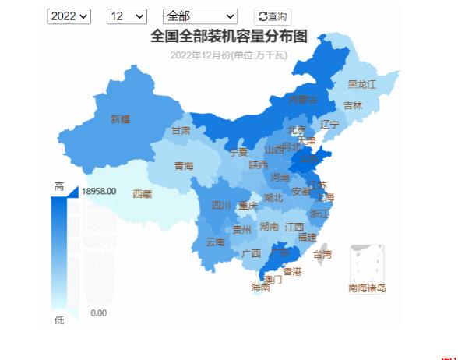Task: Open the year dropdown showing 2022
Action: click(69, 16)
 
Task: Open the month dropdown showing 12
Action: click(127, 16)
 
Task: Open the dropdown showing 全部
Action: click(200, 16)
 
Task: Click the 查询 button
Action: click(273, 16)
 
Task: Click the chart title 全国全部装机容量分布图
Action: click(229, 37)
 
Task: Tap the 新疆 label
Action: click(121, 119)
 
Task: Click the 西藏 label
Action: click(143, 193)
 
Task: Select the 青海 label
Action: click(184, 165)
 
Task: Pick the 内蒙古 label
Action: click(303, 100)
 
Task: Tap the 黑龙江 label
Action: click(361, 83)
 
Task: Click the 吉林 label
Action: click(353, 105)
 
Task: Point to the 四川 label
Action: click(221, 206)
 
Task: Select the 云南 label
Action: click(215, 242)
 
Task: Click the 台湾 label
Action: click(322, 254)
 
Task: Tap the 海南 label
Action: click(260, 287)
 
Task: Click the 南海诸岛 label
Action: click(367, 288)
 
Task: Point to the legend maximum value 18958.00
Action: click(99, 191)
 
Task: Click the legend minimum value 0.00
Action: click(99, 313)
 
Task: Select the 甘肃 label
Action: click(181, 131)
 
